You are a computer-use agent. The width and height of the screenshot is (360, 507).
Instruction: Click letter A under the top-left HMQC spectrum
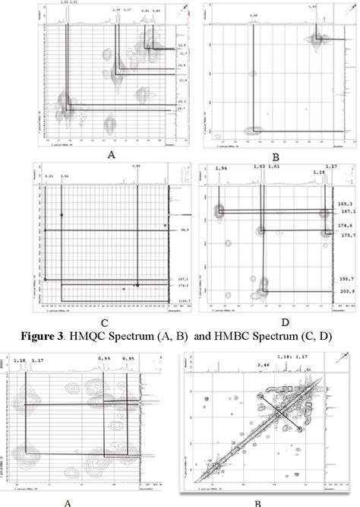pyautogui.click(x=111, y=151)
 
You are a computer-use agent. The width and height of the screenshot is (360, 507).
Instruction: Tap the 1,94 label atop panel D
pyautogui.click(x=221, y=188)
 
